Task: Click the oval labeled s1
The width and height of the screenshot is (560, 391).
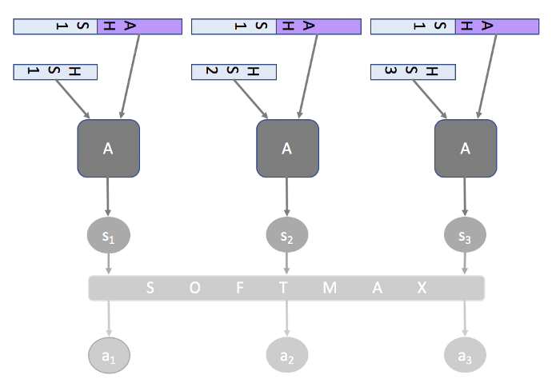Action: point(108,236)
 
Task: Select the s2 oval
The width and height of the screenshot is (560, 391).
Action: point(286,236)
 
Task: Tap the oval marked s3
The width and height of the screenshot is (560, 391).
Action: point(465,236)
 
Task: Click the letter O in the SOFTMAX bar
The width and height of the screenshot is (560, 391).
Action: point(195,288)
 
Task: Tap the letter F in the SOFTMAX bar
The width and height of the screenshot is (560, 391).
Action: point(240,288)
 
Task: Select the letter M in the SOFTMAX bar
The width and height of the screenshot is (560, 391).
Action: point(330,288)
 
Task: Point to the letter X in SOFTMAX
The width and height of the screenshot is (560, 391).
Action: point(422,288)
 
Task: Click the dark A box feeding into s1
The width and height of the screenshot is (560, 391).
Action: point(108,148)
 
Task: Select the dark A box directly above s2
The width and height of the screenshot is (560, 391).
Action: point(286,148)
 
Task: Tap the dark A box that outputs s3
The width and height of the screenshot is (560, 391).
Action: point(465,148)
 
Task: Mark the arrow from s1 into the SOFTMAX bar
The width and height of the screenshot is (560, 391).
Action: point(108,264)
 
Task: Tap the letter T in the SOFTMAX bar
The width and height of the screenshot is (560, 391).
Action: point(284,288)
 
